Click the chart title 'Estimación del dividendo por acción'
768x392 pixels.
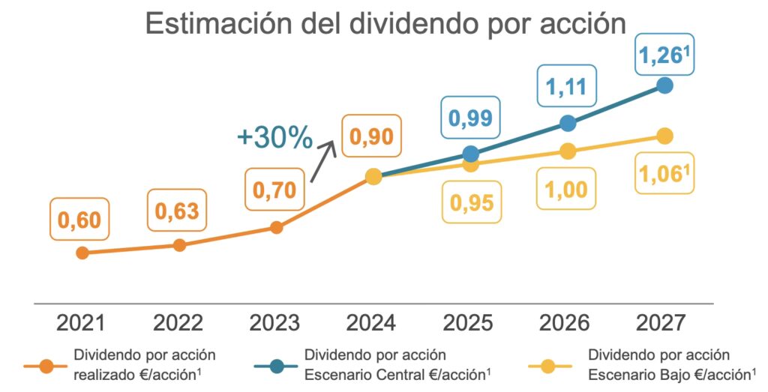[385, 23]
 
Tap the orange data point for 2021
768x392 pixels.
[82, 253]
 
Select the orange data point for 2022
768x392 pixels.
[179, 245]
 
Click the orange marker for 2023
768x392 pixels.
[276, 227]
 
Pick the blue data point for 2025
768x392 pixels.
[470, 154]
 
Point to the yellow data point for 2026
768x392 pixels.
[568, 151]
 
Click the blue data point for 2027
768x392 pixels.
[664, 85]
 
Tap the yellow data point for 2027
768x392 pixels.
[664, 136]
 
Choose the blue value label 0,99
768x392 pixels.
[470, 117]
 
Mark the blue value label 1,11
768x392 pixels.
[567, 87]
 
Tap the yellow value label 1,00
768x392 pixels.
[567, 190]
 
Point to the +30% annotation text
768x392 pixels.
[274, 138]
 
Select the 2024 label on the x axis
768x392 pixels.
[372, 323]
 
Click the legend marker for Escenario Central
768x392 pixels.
[275, 367]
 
